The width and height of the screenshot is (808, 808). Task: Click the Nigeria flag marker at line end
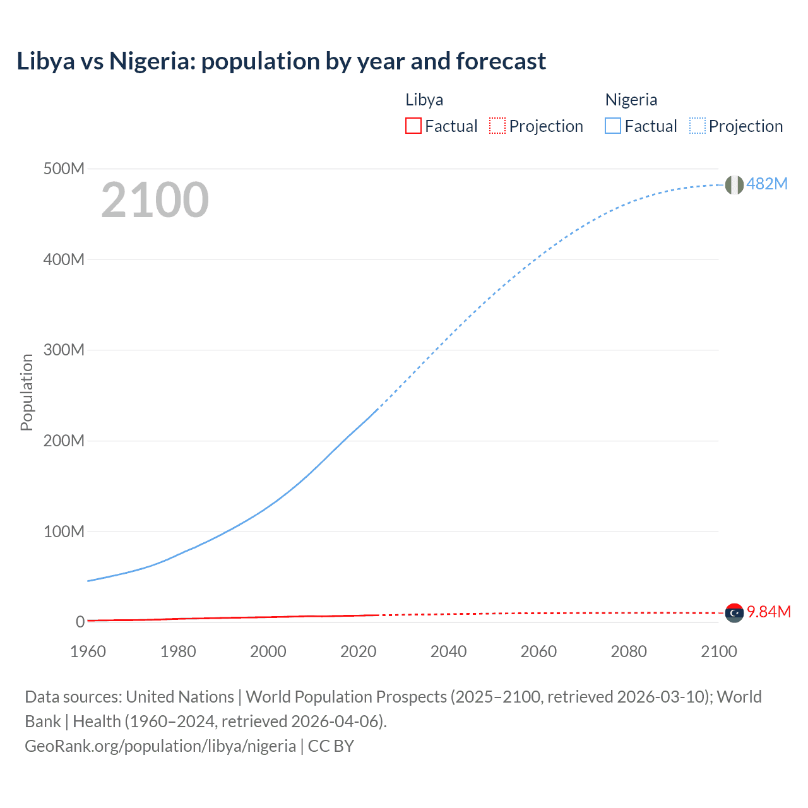pos(734,185)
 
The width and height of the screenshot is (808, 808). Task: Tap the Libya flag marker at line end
pos(734,613)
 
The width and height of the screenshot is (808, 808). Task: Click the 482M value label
pos(767,184)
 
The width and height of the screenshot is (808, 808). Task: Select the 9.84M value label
pos(769,612)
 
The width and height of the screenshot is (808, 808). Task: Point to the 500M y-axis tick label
pos(64,169)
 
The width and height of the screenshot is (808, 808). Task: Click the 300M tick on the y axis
pos(64,350)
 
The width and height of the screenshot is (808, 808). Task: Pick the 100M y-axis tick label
pos(64,532)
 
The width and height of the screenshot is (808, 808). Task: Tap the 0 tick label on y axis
pos(80,622)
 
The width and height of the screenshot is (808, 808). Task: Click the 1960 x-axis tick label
pos(88,651)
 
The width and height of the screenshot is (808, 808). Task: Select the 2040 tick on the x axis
pos(448,651)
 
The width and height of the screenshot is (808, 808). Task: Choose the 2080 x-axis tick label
pos(629,651)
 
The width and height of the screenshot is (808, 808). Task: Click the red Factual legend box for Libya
pos(413,126)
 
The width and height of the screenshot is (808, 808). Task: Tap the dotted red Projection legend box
pos(497,126)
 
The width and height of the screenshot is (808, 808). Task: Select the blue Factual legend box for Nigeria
pos(613,126)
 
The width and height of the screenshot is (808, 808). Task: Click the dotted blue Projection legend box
pos(698,126)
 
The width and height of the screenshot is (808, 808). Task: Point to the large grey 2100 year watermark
pos(155,200)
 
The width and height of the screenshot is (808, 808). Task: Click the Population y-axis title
pos(27,392)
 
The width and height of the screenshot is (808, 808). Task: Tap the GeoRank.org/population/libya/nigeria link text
pos(160,746)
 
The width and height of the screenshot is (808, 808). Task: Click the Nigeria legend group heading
pos(631,100)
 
